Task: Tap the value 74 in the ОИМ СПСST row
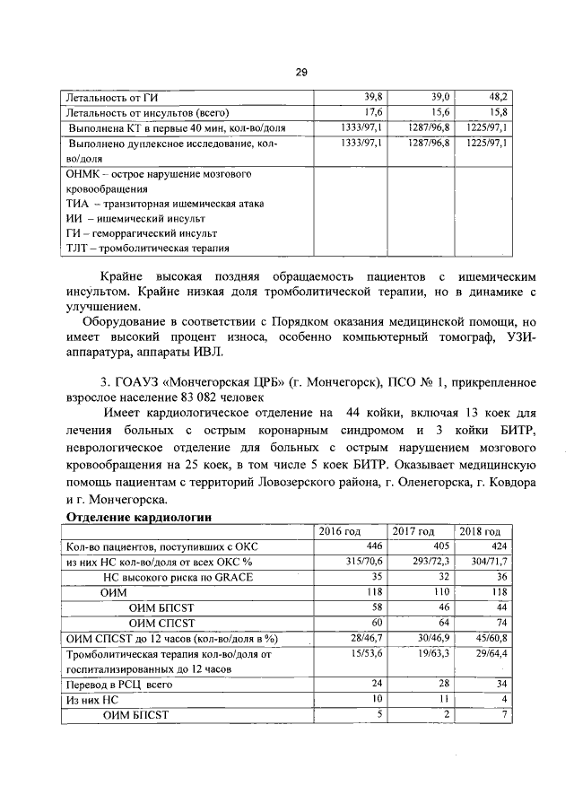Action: [500, 623]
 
